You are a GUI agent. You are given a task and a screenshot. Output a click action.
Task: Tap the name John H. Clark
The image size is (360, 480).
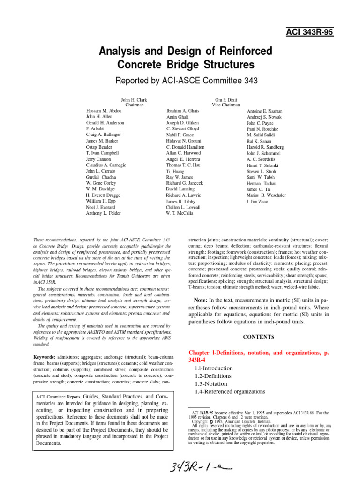pyautogui.click(x=135, y=100)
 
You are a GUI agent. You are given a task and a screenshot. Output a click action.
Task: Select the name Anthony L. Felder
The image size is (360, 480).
pyautogui.click(x=104, y=213)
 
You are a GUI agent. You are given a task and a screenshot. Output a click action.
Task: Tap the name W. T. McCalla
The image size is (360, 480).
pyautogui.click(x=180, y=213)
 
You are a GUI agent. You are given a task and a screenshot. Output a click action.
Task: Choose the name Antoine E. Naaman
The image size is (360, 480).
pyautogui.click(x=265, y=111)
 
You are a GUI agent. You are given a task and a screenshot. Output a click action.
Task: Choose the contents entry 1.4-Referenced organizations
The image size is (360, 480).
pyautogui.click(x=230, y=391)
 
